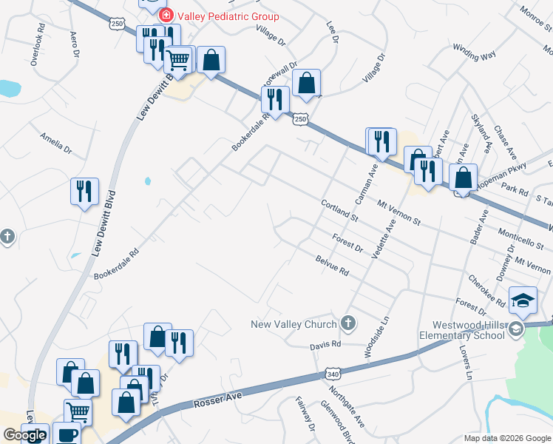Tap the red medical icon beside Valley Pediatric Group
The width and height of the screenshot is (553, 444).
coord(166,16)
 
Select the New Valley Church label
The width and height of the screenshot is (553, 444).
coord(294,323)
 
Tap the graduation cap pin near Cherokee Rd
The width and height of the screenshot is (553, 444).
coord(523,299)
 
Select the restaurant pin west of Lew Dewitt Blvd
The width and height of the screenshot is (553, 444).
coord(84,191)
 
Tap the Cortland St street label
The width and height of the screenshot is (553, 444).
coord(339,211)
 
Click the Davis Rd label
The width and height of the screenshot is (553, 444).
coord(325,344)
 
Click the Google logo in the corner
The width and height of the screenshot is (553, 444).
coord(24,435)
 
